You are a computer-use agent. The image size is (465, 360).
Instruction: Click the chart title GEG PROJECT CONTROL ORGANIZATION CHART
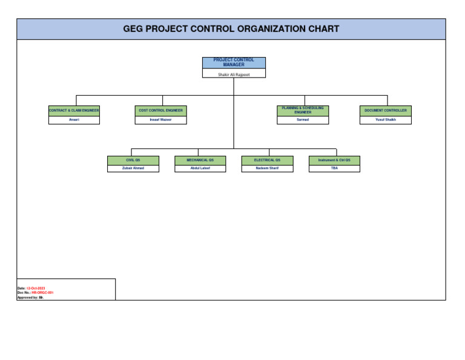tap(231, 29)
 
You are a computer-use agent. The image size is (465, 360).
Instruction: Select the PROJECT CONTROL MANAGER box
tap(234, 62)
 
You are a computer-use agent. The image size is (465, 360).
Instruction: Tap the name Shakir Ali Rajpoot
tap(234, 74)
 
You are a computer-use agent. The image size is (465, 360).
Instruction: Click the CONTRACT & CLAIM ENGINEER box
tap(74, 110)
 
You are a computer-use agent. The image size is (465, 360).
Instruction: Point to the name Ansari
tap(74, 120)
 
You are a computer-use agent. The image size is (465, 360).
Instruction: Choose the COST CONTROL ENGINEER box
tap(160, 110)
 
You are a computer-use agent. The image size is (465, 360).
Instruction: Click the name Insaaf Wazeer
tap(160, 120)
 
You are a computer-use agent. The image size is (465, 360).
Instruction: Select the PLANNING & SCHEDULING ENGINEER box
tap(303, 110)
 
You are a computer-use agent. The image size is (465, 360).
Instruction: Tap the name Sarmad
tap(303, 120)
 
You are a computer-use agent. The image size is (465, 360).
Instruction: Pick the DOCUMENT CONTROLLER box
tap(386, 110)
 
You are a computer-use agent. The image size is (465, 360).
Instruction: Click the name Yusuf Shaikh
tap(386, 120)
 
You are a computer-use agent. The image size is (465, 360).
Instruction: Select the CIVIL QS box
tap(133, 160)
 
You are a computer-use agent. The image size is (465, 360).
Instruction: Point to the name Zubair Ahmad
tap(133, 168)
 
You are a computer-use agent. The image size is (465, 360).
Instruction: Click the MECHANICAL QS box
tap(200, 160)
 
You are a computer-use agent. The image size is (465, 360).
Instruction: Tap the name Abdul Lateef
tap(200, 168)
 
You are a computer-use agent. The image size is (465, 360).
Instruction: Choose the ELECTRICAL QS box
tap(267, 160)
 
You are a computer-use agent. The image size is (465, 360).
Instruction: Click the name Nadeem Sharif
tap(267, 168)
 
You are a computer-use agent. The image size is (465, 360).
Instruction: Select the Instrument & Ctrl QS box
tap(334, 160)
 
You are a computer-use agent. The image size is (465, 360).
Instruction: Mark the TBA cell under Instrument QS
tap(334, 168)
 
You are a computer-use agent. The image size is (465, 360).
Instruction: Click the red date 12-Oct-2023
tap(36, 288)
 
